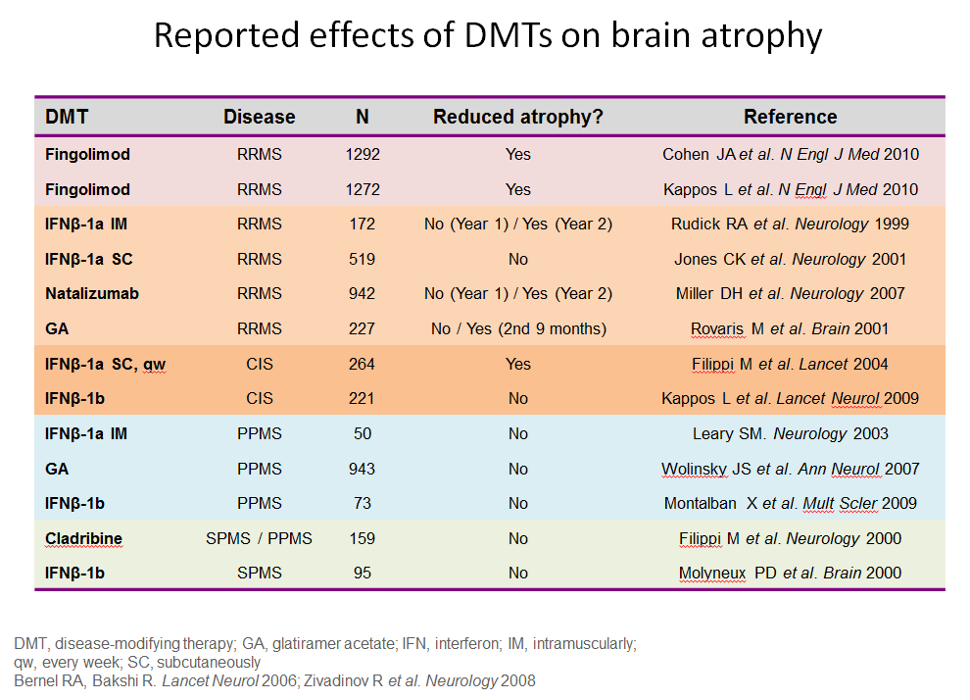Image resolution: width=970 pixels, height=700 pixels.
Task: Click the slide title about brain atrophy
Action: [x=487, y=36]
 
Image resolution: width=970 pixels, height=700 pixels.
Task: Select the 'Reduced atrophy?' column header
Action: [x=517, y=117]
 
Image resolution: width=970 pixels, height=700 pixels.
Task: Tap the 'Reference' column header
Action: [x=790, y=117]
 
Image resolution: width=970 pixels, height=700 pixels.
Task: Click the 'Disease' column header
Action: [x=259, y=117]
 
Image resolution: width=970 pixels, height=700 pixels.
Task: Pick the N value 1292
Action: [x=363, y=154]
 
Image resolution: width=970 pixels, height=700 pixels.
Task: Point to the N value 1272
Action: [x=363, y=189]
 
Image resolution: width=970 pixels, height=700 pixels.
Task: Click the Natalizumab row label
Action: [x=86, y=293]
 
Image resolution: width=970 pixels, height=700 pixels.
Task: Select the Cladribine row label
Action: [x=84, y=538]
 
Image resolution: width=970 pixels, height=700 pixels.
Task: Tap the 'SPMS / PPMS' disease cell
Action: [x=259, y=538]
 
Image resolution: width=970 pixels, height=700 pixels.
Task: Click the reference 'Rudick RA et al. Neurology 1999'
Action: [x=790, y=224]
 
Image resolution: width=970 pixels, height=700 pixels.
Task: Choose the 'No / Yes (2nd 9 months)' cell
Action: [x=517, y=328]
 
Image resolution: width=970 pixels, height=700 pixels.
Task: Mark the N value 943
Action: [x=363, y=469]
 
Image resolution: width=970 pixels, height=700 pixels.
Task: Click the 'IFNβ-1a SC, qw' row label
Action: [x=104, y=364]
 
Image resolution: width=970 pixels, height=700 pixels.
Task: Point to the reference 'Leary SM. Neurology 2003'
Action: [x=790, y=433]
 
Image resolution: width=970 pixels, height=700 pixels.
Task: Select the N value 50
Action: [x=363, y=433]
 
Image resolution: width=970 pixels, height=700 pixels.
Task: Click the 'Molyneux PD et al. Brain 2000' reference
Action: [x=790, y=573]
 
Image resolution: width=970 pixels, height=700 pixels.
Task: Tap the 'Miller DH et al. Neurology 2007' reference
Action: [x=790, y=293]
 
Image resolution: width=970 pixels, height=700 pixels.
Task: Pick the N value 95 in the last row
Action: [x=363, y=573]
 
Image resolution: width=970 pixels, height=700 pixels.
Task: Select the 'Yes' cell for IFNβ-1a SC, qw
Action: [x=517, y=364]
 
